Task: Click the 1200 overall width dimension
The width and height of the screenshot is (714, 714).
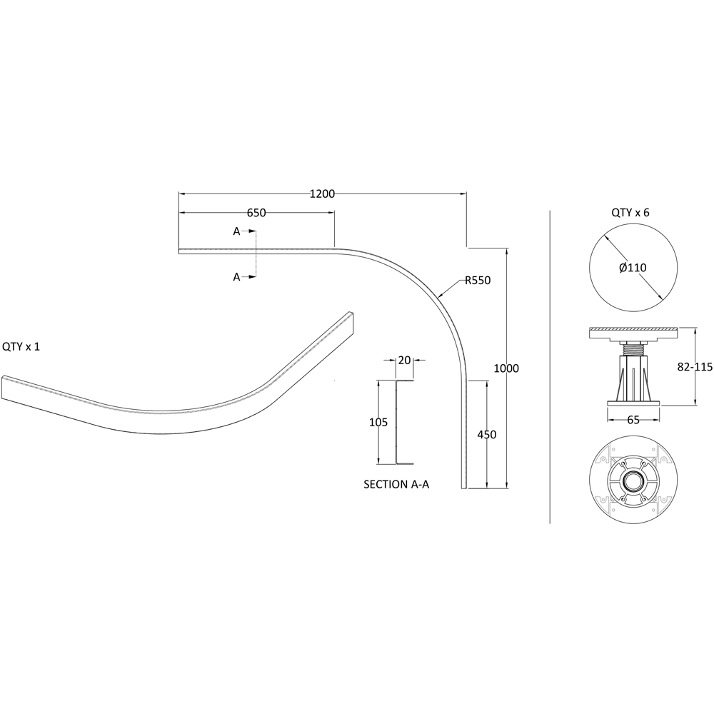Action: pyautogui.click(x=322, y=194)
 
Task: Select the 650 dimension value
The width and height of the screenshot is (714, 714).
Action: pyautogui.click(x=256, y=213)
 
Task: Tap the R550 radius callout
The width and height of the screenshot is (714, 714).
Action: pyautogui.click(x=478, y=281)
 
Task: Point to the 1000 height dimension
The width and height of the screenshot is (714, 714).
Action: pyautogui.click(x=506, y=368)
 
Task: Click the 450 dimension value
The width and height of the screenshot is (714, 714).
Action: pyautogui.click(x=487, y=435)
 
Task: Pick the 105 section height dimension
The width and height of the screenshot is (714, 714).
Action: pyautogui.click(x=378, y=423)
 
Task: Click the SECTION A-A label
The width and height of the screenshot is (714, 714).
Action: pyautogui.click(x=396, y=485)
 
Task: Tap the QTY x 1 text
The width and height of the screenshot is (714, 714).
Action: pyautogui.click(x=21, y=346)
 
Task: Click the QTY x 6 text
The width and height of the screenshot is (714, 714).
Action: pyautogui.click(x=630, y=213)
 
